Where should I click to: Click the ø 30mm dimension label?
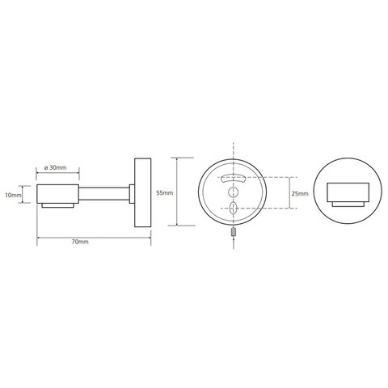click(55, 167)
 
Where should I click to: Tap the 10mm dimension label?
click(13, 195)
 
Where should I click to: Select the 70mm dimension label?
click(80, 242)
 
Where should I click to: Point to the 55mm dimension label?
click(165, 193)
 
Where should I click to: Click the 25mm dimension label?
click(300, 193)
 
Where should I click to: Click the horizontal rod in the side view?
click(104, 193)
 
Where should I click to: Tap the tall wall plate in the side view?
click(142, 192)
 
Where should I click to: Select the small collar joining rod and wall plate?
click(132, 194)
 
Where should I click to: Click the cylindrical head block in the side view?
click(57, 194)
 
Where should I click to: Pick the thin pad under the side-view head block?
click(57, 205)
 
